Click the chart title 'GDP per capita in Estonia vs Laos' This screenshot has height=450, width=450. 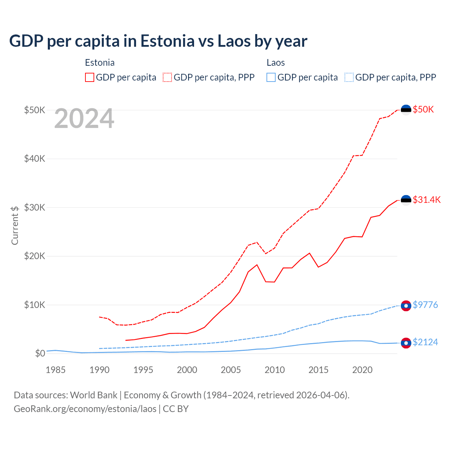(158, 41)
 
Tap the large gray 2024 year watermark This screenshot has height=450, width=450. (84, 119)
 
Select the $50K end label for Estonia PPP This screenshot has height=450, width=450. (423, 109)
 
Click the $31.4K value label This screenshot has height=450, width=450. (426, 200)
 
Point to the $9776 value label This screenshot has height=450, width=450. (425, 305)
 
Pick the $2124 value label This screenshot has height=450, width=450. (425, 342)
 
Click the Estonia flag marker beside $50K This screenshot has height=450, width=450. (406, 110)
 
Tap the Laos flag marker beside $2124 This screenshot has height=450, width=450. (406, 343)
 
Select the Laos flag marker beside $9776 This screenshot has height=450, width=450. (406, 306)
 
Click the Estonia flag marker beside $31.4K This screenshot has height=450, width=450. (406, 200)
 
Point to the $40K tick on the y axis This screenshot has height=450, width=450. (34, 159)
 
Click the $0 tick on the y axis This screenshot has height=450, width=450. (40, 353)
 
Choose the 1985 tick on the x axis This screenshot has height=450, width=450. (56, 370)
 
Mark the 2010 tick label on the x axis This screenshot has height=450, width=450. (275, 370)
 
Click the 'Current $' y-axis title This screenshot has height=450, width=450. (15, 225)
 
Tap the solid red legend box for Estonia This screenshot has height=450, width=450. (90, 77)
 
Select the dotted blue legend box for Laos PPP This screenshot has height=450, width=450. (349, 77)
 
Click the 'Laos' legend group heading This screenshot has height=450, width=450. (276, 63)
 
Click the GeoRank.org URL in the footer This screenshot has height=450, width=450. (85, 409)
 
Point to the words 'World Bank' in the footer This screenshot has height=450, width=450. (94, 395)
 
